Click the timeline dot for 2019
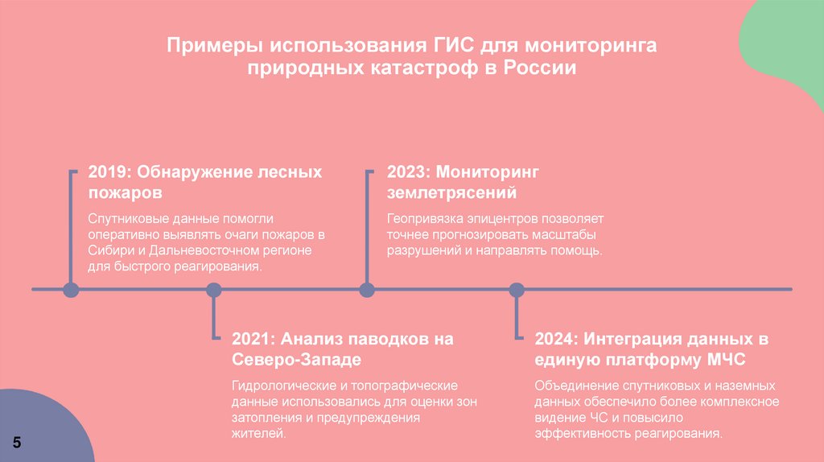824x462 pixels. coord(71,290)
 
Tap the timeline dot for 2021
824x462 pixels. coord(213,290)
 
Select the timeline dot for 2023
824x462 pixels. coord(367,290)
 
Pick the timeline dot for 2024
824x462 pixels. coord(517,290)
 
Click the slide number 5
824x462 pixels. coord(17,444)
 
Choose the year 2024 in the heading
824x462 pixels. coord(555,339)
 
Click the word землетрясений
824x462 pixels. coord(451,193)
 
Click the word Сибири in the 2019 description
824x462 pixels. coord(107,250)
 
